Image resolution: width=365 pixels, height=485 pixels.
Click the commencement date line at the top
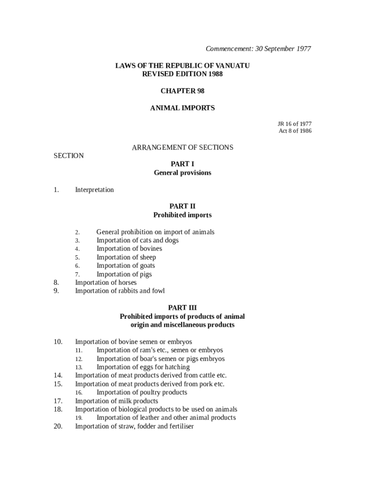click(x=258, y=49)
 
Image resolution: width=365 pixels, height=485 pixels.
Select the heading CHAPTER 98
click(x=182, y=91)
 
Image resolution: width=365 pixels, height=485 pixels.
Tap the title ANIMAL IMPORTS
click(x=182, y=108)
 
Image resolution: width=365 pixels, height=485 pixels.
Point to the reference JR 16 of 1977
click(x=294, y=124)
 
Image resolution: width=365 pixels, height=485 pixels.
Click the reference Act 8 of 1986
click(x=295, y=131)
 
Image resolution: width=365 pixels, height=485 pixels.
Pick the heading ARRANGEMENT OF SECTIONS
click(x=182, y=147)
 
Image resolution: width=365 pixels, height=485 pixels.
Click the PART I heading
click(x=182, y=164)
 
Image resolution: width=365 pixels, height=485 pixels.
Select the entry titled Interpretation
click(x=94, y=190)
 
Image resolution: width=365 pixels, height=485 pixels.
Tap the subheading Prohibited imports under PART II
click(x=182, y=215)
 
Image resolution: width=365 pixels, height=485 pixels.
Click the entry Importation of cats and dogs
click(x=137, y=241)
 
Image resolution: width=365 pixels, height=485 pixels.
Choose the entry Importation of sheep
click(x=126, y=258)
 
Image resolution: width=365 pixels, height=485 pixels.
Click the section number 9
click(x=56, y=291)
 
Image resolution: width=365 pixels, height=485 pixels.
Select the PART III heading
click(x=182, y=308)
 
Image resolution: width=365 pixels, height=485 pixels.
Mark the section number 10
click(x=58, y=341)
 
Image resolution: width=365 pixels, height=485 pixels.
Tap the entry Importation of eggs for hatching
click(x=143, y=367)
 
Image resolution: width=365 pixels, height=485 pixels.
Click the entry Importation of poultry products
click(x=142, y=393)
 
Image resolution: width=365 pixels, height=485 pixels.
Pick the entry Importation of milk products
click(x=117, y=401)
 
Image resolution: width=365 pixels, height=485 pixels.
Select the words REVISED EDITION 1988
click(x=182, y=74)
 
